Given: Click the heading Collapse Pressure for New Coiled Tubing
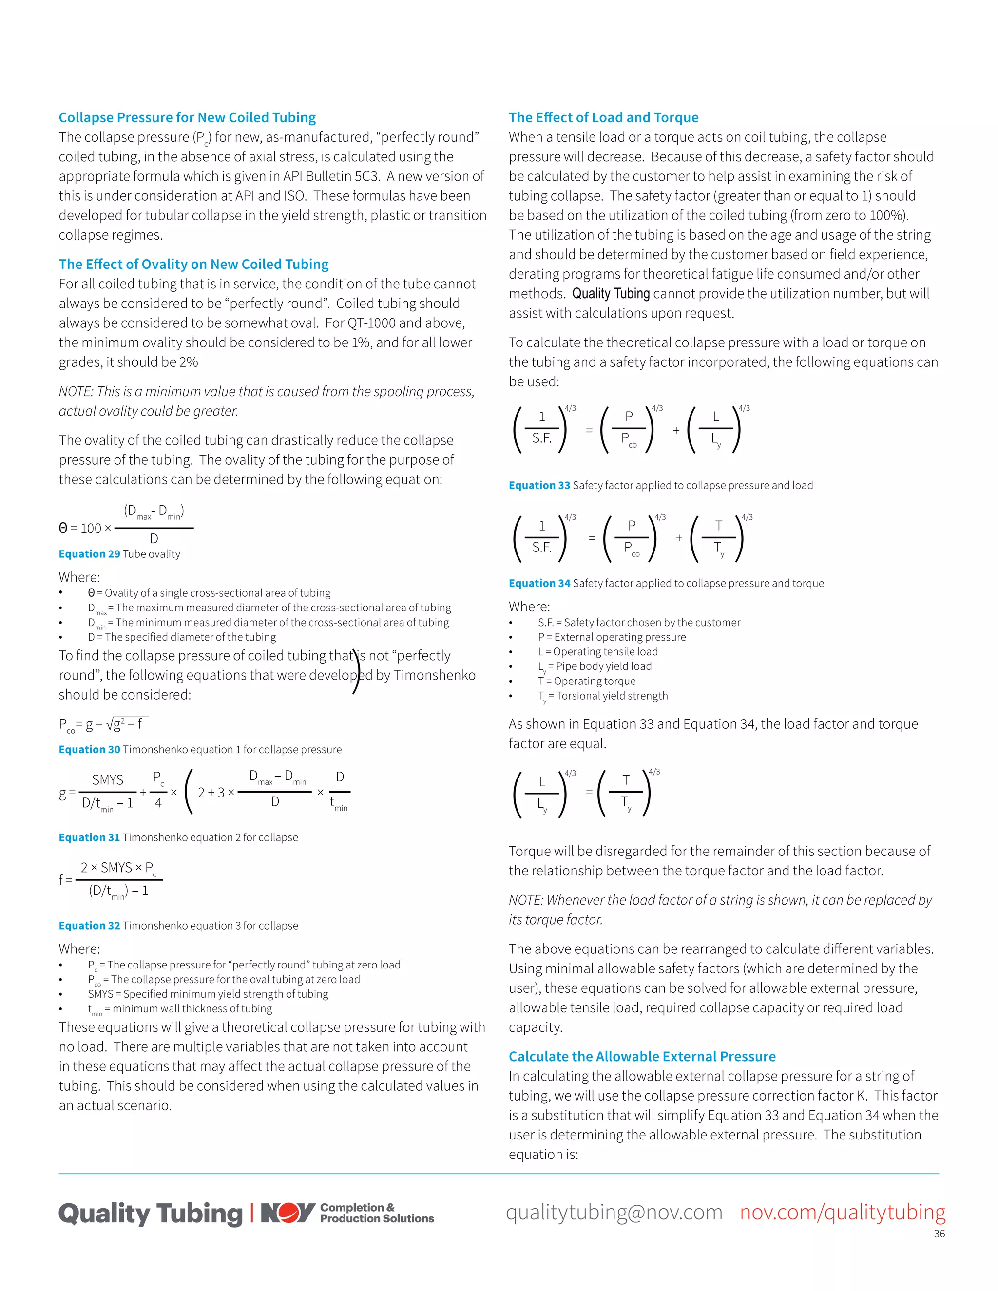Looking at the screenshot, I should [187, 117].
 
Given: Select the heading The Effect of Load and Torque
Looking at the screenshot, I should [603, 117].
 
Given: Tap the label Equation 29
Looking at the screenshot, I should [89, 554].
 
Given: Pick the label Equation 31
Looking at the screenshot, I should [89, 837].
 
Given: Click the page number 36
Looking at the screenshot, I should [939, 1234].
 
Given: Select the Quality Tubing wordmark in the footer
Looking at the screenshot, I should [150, 1214].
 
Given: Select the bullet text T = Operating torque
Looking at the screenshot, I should [587, 681].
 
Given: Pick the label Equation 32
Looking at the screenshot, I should [89, 926].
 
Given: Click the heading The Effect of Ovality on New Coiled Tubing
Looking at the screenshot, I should [193, 264].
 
